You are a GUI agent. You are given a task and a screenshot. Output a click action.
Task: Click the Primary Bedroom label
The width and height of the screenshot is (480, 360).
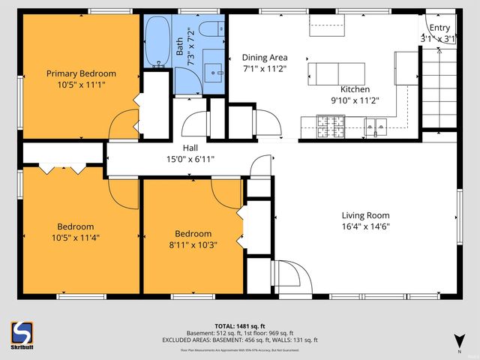[x=81, y=73]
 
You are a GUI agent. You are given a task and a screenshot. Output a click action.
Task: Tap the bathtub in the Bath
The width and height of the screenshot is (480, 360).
[x=157, y=43]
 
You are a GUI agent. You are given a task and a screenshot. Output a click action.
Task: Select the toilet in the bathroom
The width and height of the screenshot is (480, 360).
[x=211, y=31]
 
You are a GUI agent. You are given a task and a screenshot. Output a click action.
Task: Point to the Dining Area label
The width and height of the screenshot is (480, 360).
[x=264, y=57]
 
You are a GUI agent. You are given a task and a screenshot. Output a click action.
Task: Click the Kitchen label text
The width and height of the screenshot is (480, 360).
[x=355, y=89]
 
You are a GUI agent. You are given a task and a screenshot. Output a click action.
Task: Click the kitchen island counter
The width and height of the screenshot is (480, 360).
[x=338, y=73]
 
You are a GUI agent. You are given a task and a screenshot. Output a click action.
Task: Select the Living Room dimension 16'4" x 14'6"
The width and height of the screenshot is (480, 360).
[x=366, y=226]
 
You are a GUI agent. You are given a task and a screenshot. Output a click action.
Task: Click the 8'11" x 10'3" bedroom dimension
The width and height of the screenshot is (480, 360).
[x=193, y=245]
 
